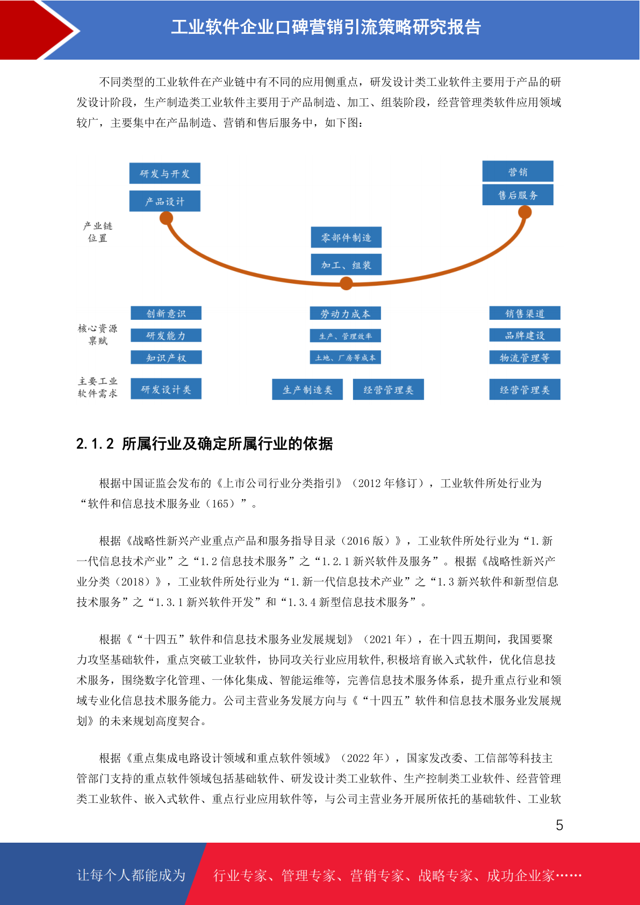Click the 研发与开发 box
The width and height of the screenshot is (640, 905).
coord(165,174)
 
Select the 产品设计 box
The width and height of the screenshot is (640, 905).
coord(165,201)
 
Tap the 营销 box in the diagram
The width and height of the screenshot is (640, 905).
coord(517,171)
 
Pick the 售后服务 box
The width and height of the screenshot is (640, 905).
coord(517,195)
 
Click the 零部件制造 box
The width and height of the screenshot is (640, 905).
coord(346,237)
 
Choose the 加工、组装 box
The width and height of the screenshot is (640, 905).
coord(346,264)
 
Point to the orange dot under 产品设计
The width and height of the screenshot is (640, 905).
coord(167,218)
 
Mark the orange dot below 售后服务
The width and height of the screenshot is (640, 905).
coord(524,212)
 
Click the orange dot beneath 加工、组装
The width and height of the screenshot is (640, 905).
coord(346,283)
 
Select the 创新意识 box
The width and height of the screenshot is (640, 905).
coord(166,313)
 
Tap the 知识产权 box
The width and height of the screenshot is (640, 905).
coord(166,357)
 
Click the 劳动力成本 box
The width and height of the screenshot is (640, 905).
coord(346,313)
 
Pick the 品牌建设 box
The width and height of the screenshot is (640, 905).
coord(525,335)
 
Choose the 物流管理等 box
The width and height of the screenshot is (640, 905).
coord(525,357)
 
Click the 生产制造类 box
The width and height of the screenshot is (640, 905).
coord(307,390)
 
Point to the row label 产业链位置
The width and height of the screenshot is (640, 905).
coord(98,232)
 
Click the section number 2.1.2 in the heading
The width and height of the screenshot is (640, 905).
coord(95,444)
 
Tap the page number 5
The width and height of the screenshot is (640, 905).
coord(559,825)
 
